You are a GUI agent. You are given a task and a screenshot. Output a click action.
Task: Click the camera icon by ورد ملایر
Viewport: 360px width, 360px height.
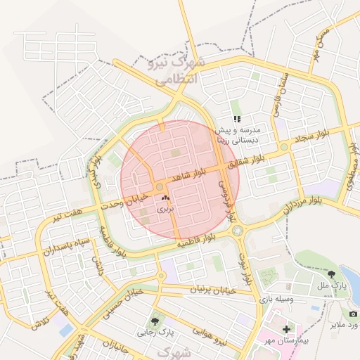click(x=353, y=314)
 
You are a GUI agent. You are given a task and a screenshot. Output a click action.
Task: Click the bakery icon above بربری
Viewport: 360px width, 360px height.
click(x=165, y=200)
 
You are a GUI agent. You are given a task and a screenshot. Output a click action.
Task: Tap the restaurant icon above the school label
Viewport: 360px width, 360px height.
click(x=238, y=119)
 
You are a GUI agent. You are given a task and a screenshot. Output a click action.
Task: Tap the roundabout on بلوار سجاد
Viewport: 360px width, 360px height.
click(x=284, y=147)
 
